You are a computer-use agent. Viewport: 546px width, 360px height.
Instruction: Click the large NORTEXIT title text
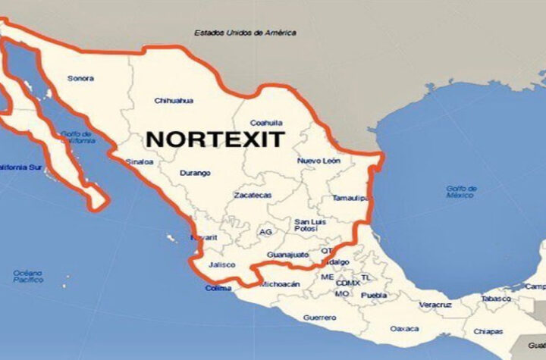click(x=215, y=139)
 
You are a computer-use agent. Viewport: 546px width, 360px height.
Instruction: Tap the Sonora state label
click(x=80, y=78)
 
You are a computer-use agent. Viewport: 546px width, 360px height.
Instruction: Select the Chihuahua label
click(x=174, y=100)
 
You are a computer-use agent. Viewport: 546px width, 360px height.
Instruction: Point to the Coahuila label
click(x=267, y=123)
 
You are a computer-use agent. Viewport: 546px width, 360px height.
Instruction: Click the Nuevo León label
click(x=318, y=161)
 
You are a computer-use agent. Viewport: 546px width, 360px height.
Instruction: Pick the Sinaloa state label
click(x=140, y=161)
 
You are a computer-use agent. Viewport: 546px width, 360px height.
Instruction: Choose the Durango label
click(x=195, y=173)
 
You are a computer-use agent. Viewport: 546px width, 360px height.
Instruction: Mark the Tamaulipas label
click(x=350, y=198)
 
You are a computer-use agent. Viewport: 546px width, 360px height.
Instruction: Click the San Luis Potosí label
click(x=310, y=225)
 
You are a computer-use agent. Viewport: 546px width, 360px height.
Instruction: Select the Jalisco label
click(x=221, y=265)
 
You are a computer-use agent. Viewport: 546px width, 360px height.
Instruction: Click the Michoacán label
click(x=281, y=284)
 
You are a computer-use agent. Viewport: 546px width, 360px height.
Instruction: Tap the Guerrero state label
click(x=319, y=317)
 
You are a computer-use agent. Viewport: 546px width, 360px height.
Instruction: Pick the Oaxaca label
click(x=404, y=329)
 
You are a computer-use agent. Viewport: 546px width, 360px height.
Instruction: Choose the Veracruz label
click(x=435, y=305)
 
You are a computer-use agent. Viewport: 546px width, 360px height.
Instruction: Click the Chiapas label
click(x=488, y=331)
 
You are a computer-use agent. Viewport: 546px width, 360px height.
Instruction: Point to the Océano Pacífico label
click(x=28, y=276)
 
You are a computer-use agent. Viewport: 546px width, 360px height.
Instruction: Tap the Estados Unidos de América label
click(x=245, y=33)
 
